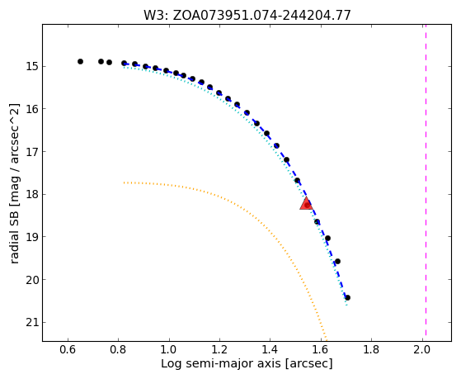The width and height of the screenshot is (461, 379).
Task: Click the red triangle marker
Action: point(306,204)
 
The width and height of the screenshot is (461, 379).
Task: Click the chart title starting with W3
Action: point(247,16)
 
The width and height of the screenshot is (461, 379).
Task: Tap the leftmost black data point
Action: point(80,62)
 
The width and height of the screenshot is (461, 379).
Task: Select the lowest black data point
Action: point(347,298)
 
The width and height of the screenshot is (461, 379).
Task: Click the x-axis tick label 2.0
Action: point(422,350)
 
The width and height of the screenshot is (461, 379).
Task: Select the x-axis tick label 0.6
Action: point(68,350)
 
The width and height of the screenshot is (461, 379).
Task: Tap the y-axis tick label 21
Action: point(32,323)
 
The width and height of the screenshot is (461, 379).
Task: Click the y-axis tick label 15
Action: point(32,66)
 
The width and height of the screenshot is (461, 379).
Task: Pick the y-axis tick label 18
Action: point(32,194)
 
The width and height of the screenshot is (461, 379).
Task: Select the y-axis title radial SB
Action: point(15,183)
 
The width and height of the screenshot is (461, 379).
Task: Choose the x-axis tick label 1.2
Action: point(219,350)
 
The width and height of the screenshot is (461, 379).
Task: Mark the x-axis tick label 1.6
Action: point(321,350)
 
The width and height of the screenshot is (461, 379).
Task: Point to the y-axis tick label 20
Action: point(32,280)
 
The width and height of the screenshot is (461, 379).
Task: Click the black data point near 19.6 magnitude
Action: point(337,261)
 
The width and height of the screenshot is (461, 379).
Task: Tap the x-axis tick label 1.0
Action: point(169,350)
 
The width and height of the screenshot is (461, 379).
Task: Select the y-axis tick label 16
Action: point(32,109)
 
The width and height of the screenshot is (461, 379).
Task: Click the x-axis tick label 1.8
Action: point(372,350)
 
